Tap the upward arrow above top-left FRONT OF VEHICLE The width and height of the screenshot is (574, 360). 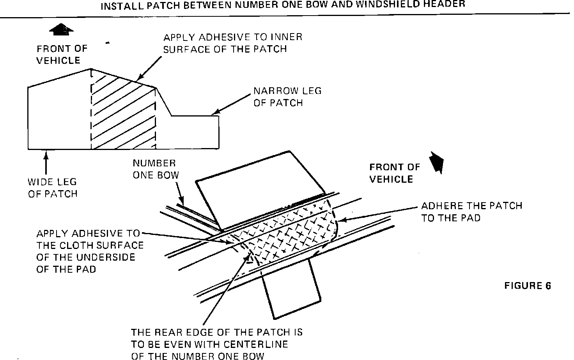pos(62,30)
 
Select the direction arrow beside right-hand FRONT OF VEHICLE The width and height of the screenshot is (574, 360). pos(436,161)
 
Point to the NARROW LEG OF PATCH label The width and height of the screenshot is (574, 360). pos(287,97)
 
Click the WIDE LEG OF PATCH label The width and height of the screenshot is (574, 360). pos(53,187)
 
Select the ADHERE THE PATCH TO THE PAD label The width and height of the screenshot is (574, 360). pos(471,212)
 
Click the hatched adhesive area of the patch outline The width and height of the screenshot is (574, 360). pos(123,113)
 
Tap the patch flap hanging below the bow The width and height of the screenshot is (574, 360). pos(292,288)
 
